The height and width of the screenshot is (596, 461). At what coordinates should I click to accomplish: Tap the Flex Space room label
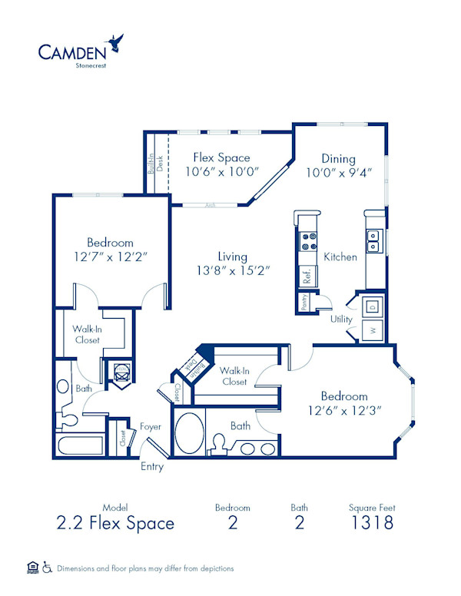tap(221, 158)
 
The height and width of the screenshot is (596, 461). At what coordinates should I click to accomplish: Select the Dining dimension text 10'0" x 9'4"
tap(338, 173)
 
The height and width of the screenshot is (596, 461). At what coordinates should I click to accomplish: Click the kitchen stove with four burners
tap(308, 242)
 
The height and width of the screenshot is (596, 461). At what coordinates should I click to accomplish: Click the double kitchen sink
tap(373, 241)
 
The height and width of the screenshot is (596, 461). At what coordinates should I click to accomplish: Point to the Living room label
tap(232, 257)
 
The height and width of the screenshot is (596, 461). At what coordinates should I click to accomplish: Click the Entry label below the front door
tap(151, 466)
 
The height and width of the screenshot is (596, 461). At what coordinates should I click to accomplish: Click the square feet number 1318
tap(372, 524)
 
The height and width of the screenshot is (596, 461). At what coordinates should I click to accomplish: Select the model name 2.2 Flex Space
tap(115, 524)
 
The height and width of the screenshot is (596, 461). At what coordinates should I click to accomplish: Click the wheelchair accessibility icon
tap(48, 568)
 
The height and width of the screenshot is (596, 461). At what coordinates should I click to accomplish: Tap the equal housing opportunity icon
tap(32, 568)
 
